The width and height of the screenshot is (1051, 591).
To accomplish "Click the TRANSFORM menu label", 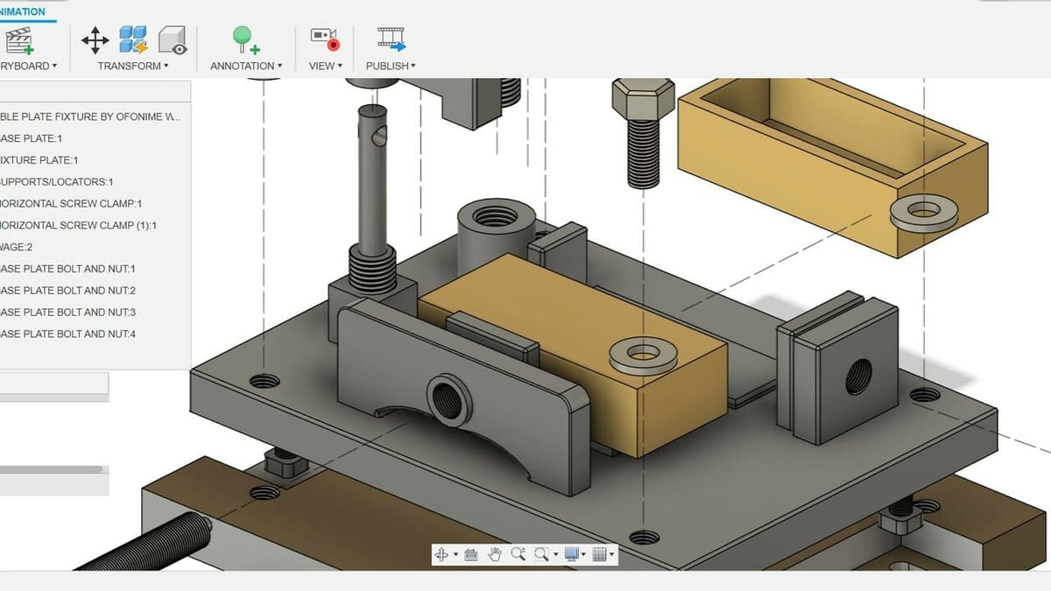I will pyautogui.click(x=130, y=66).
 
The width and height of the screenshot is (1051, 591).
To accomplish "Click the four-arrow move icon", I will pyautogui.click(x=95, y=39).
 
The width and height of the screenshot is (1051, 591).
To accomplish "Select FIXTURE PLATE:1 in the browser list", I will pyautogui.click(x=39, y=160).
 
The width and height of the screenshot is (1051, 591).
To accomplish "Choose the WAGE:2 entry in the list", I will pyautogui.click(x=18, y=247).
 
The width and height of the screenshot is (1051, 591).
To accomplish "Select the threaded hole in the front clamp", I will pyautogui.click(x=449, y=399).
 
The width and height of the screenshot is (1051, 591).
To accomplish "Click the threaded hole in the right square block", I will pyautogui.click(x=857, y=377).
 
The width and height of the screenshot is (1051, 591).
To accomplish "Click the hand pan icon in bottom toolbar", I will pyautogui.click(x=494, y=554).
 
